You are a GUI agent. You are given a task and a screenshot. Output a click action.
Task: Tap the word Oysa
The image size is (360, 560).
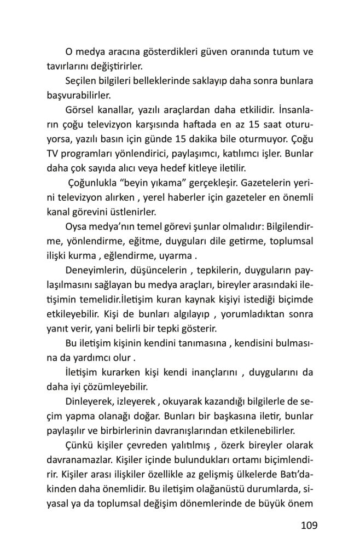pyautogui.click(x=76, y=225)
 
